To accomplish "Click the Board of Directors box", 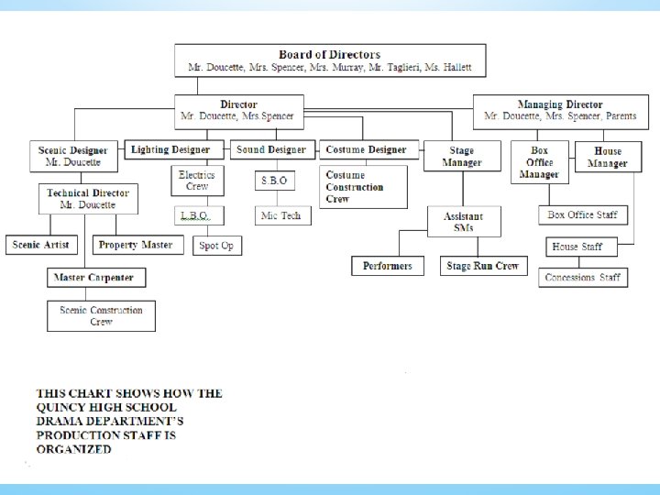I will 330,60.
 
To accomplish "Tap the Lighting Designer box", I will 170,149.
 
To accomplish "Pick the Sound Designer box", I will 270,149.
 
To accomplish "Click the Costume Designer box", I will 367,149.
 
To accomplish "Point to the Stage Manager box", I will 461,156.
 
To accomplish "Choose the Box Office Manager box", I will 539,162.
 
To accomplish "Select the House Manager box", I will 607,157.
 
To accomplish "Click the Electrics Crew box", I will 197,180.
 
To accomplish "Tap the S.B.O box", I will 274,181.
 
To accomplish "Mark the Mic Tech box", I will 281,215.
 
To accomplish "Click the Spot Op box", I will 216,246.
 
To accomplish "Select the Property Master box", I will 136,245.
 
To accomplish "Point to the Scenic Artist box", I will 40,245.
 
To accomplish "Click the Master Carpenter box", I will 93,277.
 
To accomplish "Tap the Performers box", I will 388,266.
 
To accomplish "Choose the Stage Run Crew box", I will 482,266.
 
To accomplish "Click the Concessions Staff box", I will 582,277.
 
